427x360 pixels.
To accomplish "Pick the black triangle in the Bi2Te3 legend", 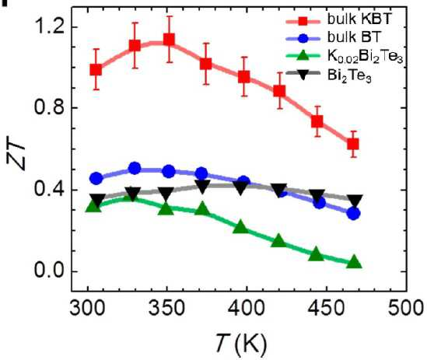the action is click(303, 74).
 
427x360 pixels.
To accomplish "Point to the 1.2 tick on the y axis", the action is click(49, 27).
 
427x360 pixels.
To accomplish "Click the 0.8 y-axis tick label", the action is click(49, 108).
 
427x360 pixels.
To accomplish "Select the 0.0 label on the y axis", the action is click(49, 271).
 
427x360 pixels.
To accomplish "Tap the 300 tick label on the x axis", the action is click(87, 308).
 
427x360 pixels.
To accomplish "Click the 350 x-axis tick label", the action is click(167, 308).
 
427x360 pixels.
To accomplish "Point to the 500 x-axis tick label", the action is click(406, 308).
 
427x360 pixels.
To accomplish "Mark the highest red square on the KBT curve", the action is click(169, 40).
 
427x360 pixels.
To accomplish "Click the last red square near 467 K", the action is click(353, 144).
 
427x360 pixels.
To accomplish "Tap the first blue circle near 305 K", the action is click(96, 179).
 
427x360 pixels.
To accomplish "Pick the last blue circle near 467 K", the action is click(353, 214).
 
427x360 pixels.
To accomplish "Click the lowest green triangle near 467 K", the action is click(354, 263).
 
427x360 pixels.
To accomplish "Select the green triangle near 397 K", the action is click(241, 226).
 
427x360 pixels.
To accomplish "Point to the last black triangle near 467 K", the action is click(355, 201).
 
